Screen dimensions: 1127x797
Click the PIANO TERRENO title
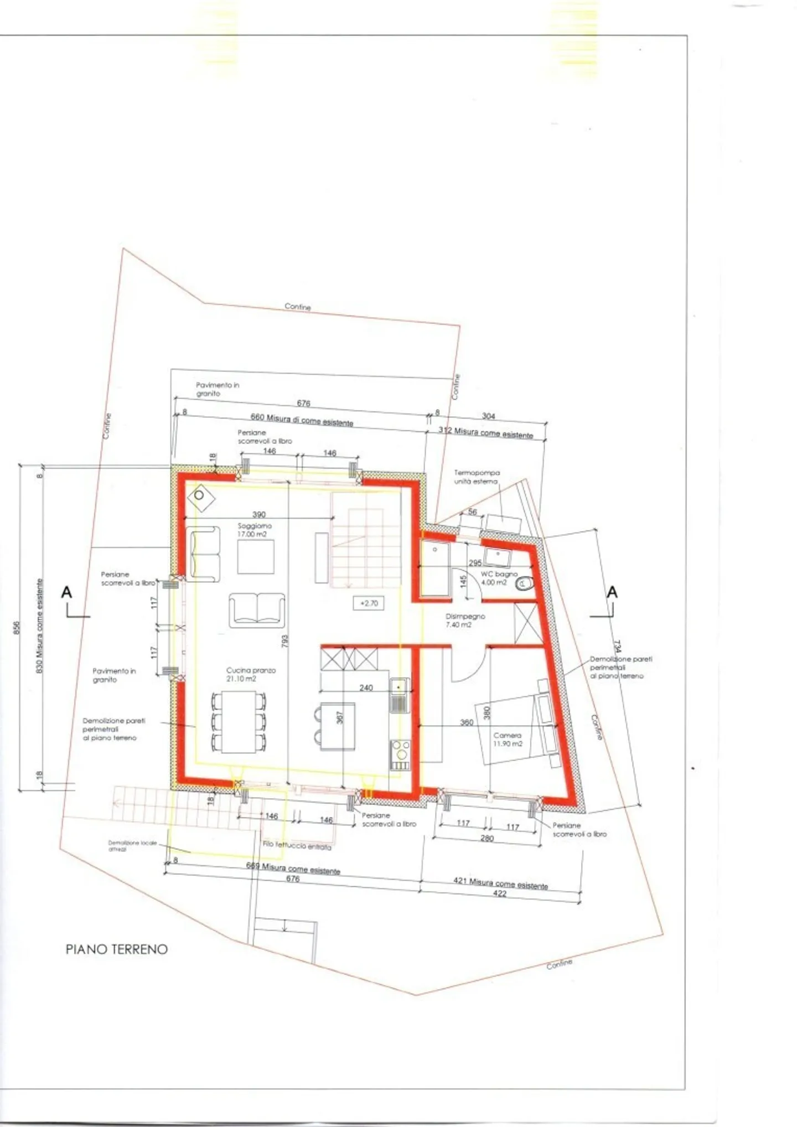click(x=116, y=949)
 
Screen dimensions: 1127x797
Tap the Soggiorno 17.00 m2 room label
click(x=254, y=530)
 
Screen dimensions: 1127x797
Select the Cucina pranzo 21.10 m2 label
click(x=251, y=674)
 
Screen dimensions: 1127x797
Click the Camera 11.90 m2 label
click(x=508, y=740)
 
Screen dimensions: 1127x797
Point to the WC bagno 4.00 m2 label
click(x=498, y=578)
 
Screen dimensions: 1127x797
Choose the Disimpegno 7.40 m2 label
click(x=465, y=620)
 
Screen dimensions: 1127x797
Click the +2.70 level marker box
click(x=369, y=603)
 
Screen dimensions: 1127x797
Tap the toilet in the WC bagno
click(x=524, y=583)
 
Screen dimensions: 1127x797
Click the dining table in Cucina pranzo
click(x=239, y=722)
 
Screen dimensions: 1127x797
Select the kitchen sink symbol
click(x=398, y=687)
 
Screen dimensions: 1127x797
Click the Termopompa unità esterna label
click(x=477, y=477)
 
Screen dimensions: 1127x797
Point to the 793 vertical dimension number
click(x=284, y=641)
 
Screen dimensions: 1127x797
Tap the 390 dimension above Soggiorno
click(x=258, y=514)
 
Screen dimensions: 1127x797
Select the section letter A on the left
click(x=66, y=592)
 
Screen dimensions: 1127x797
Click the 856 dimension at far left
click(x=17, y=628)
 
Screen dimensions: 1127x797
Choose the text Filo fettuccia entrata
click(x=297, y=846)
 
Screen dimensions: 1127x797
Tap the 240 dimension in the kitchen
click(x=366, y=687)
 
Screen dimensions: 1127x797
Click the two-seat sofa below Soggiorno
click(x=257, y=610)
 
